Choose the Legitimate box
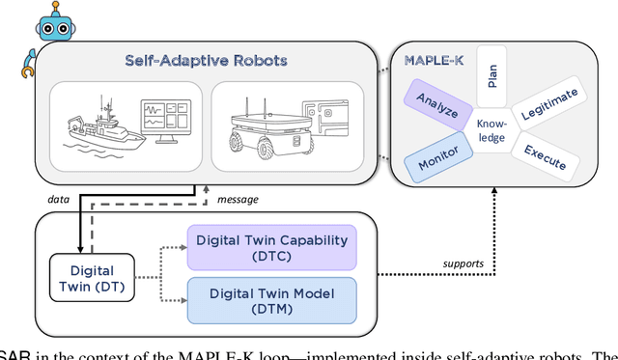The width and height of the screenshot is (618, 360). click(548, 100)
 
